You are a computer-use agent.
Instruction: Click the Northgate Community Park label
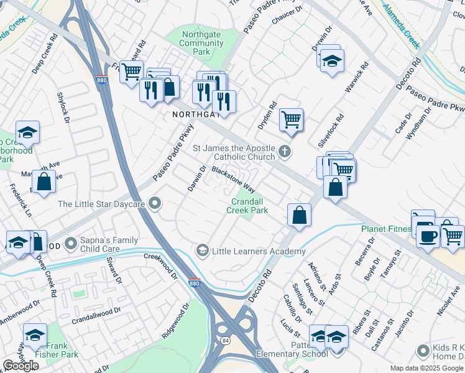(x=201, y=43)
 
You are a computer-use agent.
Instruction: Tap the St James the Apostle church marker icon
(x=285, y=150)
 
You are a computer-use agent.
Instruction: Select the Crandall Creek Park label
(x=249, y=206)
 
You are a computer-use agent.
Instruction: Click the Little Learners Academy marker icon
(x=202, y=251)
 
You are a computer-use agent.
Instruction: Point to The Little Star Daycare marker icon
(x=155, y=203)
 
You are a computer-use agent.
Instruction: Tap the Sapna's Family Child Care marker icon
(x=71, y=241)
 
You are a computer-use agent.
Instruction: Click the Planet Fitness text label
(x=386, y=229)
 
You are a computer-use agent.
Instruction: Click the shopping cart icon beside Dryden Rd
(x=291, y=118)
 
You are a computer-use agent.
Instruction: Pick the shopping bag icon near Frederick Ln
(x=44, y=183)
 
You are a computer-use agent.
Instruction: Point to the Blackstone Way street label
(x=234, y=178)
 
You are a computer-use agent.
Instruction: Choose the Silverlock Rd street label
(x=331, y=129)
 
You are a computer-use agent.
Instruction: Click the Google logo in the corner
(x=21, y=366)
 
